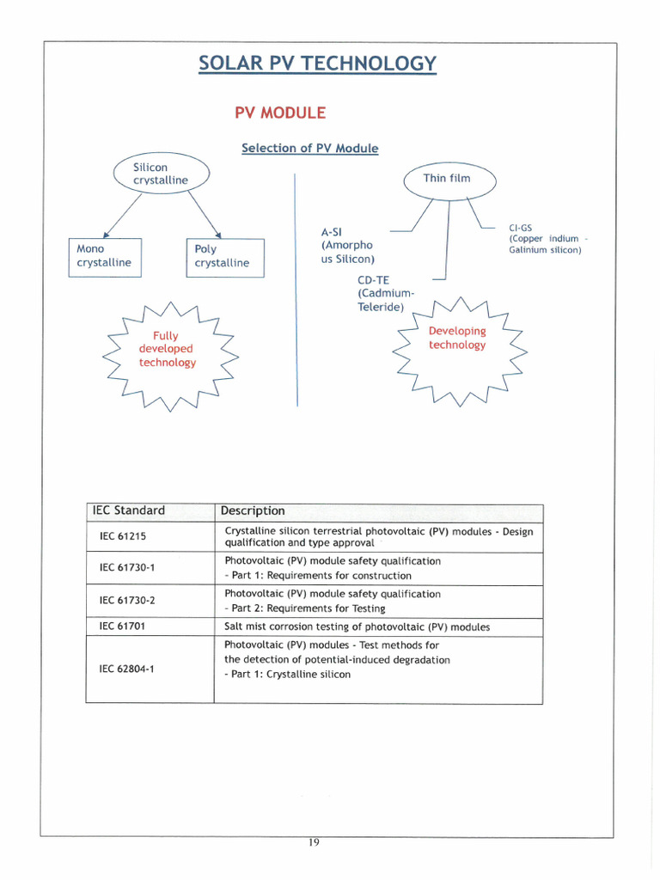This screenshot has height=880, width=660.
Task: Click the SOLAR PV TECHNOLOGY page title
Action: point(317,64)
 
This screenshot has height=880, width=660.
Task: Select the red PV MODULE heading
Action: point(280,113)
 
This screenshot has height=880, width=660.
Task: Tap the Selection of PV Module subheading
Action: point(309,148)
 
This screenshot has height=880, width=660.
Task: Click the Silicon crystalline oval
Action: point(161,174)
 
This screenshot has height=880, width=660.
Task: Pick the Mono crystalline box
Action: point(104,256)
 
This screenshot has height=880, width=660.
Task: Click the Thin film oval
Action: point(448,179)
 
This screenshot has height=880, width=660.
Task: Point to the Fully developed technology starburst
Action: point(168,349)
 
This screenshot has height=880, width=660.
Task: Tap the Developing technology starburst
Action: point(457,339)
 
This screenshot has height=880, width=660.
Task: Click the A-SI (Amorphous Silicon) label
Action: point(347,245)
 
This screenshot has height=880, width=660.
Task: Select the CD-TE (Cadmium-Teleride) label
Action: point(381,293)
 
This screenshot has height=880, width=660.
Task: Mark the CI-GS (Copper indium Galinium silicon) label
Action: point(546,239)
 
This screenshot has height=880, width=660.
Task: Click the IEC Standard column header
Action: point(129,510)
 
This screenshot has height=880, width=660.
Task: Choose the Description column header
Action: point(253,510)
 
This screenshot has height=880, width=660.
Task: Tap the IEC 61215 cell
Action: point(123,536)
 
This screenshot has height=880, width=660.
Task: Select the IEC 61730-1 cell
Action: point(127,568)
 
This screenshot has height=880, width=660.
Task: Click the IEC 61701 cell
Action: point(123,626)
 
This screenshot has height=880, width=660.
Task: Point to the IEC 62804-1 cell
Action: point(127,668)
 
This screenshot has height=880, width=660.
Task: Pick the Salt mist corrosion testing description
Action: point(357,626)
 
